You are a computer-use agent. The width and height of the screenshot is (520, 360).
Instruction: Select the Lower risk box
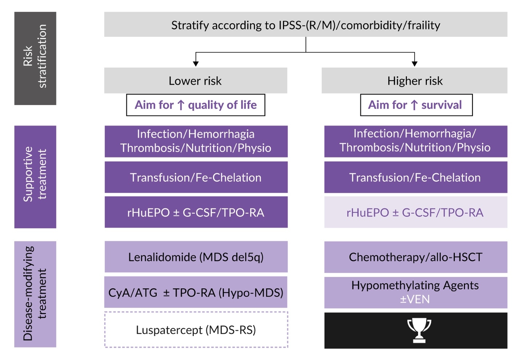pos(195,81)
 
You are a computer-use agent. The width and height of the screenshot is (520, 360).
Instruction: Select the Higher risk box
pos(415,81)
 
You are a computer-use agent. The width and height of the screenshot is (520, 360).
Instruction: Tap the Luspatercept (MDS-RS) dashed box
pos(196,330)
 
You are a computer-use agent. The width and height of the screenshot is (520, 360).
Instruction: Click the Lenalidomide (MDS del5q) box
pos(196,257)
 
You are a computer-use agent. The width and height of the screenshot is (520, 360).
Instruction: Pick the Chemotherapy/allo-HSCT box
pos(416,257)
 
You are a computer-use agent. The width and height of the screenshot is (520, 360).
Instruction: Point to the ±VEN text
pos(415,299)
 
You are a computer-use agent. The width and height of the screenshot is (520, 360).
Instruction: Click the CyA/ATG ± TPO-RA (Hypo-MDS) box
pos(196,292)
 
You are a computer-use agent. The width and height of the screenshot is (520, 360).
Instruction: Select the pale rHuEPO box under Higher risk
pos(416,212)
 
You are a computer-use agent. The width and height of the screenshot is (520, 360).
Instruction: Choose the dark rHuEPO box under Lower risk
pos(196,212)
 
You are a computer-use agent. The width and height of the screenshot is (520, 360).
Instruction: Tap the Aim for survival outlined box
pos(416,105)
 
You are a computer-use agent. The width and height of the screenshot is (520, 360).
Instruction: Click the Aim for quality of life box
pos(196,105)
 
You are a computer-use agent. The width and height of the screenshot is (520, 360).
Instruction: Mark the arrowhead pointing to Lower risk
pos(196,64)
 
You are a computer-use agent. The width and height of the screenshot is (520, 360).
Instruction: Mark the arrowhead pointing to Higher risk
pos(415,64)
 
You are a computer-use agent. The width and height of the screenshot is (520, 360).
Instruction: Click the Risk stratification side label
pos(35,58)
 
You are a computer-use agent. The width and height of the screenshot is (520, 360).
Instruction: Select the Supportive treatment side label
pos(35,177)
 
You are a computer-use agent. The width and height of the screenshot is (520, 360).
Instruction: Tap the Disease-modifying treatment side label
pos(35,294)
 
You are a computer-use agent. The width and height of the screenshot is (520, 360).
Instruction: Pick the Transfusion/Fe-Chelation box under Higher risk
pos(416,177)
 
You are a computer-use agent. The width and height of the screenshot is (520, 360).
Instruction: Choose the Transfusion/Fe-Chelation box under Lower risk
pos(196,177)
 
